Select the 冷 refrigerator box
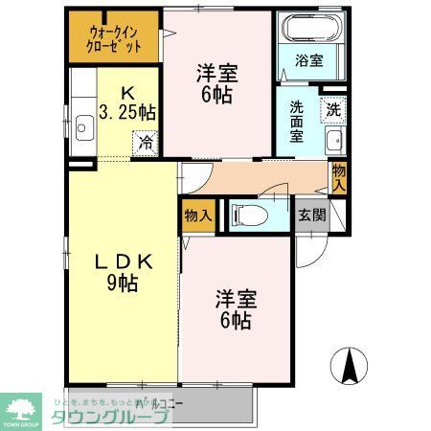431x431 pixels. point(146,144)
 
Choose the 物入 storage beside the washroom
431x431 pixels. point(338,177)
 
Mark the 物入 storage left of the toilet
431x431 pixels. point(198,215)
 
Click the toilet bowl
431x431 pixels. point(246,215)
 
